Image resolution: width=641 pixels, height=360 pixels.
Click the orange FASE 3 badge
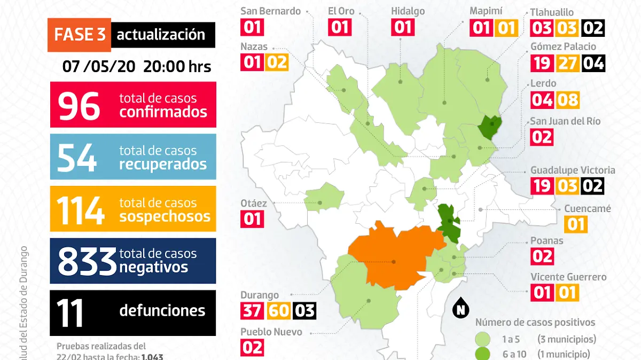(80, 35)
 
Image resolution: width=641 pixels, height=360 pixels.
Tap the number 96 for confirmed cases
(79, 105)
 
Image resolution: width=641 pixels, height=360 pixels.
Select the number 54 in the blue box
(77, 157)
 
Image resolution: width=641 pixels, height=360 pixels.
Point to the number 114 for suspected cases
(80, 209)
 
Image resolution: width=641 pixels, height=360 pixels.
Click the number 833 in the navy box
(87, 261)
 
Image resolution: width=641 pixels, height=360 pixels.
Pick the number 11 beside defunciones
(71, 313)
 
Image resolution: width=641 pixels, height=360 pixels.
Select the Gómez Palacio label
(563, 46)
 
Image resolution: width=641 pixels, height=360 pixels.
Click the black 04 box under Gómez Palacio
(593, 64)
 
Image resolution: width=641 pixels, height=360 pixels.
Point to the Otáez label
(253, 204)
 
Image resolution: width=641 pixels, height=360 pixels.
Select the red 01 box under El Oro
(340, 27)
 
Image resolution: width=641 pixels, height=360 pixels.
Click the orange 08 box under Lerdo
(568, 100)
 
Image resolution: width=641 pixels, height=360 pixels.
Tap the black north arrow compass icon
(460, 309)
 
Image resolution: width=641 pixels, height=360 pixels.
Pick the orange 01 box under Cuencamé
(576, 224)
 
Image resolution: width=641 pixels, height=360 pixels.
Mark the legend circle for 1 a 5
(483, 339)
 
